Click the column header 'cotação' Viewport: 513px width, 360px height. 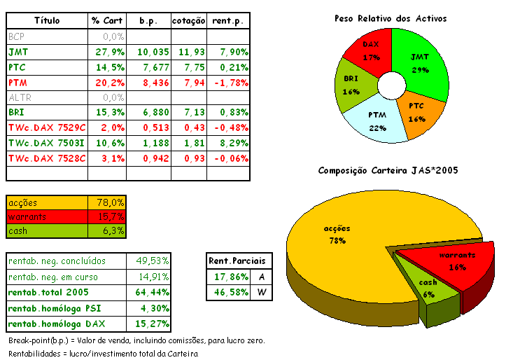click(189, 21)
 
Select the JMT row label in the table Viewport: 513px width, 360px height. click(19, 52)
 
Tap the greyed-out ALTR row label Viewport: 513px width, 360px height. click(19, 97)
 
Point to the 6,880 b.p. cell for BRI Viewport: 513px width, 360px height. click(154, 113)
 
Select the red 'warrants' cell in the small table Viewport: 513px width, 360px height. click(46, 216)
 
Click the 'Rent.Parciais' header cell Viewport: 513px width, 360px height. click(237, 261)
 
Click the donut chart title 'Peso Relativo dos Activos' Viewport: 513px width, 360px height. click(390, 18)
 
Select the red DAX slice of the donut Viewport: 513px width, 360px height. click(370, 51)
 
